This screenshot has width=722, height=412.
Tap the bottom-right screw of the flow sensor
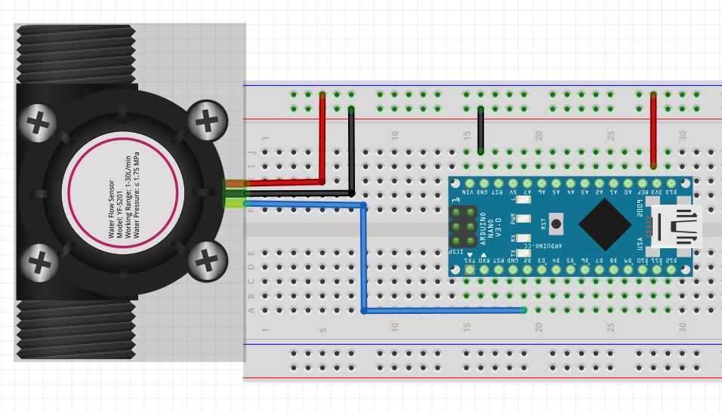(x=205, y=260)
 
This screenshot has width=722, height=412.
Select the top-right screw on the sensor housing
(x=205, y=120)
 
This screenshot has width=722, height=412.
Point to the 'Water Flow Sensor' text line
(x=112, y=210)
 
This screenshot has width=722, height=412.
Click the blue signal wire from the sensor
(x=364, y=257)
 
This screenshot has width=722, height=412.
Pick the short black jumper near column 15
(x=480, y=130)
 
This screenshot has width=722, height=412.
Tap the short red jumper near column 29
(x=653, y=130)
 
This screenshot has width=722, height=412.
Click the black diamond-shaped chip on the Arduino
(x=604, y=224)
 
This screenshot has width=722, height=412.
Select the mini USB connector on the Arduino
(x=678, y=226)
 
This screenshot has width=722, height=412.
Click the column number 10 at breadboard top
(x=394, y=135)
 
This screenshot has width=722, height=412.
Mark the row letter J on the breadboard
(x=251, y=152)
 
